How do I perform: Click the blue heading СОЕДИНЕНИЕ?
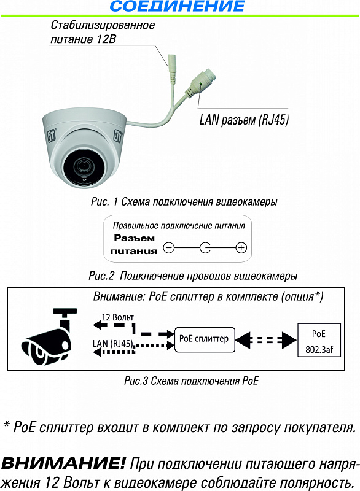click(177, 6)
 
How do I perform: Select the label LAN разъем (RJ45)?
click(244, 120)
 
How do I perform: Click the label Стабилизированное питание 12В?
click(103, 32)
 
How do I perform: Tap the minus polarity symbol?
click(168, 248)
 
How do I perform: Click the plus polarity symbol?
click(241, 248)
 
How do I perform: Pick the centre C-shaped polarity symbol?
click(205, 248)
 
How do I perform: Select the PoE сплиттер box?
click(205, 339)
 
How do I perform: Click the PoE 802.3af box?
click(319, 341)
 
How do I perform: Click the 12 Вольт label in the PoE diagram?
click(117, 317)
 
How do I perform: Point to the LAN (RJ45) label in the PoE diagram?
click(113, 344)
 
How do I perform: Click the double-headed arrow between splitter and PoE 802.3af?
click(265, 340)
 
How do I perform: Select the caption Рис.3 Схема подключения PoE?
click(192, 381)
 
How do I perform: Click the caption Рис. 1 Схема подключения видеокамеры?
click(184, 202)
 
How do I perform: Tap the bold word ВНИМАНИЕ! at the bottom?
click(63, 463)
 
